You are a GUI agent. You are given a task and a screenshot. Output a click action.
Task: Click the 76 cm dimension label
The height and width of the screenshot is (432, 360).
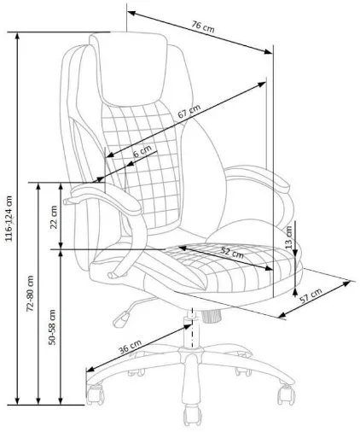pyautogui.click(x=203, y=26)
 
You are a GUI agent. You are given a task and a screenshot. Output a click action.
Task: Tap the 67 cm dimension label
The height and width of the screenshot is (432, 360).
pyautogui.click(x=189, y=111)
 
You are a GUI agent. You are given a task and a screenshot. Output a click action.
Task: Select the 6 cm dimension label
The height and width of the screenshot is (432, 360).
pyautogui.click(x=142, y=151)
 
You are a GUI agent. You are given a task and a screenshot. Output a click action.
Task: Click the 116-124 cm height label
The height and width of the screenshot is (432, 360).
pyautogui.click(x=9, y=219)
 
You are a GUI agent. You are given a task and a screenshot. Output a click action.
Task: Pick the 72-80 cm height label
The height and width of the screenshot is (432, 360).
pyautogui.click(x=30, y=293)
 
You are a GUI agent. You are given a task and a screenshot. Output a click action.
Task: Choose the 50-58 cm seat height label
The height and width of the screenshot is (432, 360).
pyautogui.click(x=52, y=327)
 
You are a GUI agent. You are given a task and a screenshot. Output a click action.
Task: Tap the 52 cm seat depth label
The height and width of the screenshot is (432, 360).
pyautogui.click(x=232, y=252)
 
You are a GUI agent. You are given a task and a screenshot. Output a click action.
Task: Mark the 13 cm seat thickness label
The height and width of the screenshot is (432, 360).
pyautogui.click(x=288, y=236)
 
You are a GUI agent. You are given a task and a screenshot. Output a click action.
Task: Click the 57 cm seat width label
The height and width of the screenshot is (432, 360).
pyautogui.click(x=311, y=295)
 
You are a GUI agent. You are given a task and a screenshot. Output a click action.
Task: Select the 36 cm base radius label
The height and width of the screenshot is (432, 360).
pyautogui.click(x=130, y=347)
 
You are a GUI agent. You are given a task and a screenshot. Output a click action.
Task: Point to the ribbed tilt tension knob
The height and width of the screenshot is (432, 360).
pyautogui.click(x=212, y=316)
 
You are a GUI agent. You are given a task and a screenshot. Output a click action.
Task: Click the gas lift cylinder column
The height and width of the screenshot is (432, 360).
pyautogui.click(x=191, y=330)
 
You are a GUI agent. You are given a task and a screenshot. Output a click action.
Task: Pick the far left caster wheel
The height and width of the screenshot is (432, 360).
pyautogui.click(x=95, y=394)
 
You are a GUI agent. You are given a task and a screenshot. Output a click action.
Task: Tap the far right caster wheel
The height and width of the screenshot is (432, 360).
pyautogui.click(x=286, y=394)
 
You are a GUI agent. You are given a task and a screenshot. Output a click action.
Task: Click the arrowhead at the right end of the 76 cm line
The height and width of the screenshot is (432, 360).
pyautogui.click(x=268, y=52)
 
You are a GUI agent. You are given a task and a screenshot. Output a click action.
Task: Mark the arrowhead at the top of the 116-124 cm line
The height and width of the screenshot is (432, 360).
pyautogui.click(x=18, y=37)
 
